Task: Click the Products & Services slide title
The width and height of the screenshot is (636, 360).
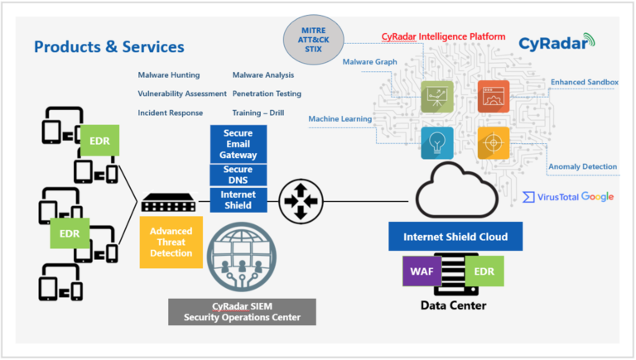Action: (x=109, y=46)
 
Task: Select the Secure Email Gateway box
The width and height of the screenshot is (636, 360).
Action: (x=238, y=144)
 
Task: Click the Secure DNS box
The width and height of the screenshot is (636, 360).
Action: (x=238, y=175)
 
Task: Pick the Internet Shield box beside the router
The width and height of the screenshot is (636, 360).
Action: (x=238, y=200)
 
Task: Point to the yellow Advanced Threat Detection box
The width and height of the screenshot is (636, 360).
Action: (x=171, y=242)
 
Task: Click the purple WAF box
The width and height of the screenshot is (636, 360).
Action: (x=421, y=271)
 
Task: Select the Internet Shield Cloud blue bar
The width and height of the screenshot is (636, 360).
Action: (x=455, y=237)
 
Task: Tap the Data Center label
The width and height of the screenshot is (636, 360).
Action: (x=455, y=305)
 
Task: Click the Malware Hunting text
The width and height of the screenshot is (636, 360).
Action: (x=169, y=75)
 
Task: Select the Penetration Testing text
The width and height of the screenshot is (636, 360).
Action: (x=267, y=94)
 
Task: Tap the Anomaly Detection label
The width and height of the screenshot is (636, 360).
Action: (x=582, y=166)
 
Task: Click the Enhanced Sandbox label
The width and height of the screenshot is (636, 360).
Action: (x=584, y=82)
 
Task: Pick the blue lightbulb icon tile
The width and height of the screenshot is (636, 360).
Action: (x=436, y=142)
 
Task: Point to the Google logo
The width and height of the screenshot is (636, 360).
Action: (x=597, y=196)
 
